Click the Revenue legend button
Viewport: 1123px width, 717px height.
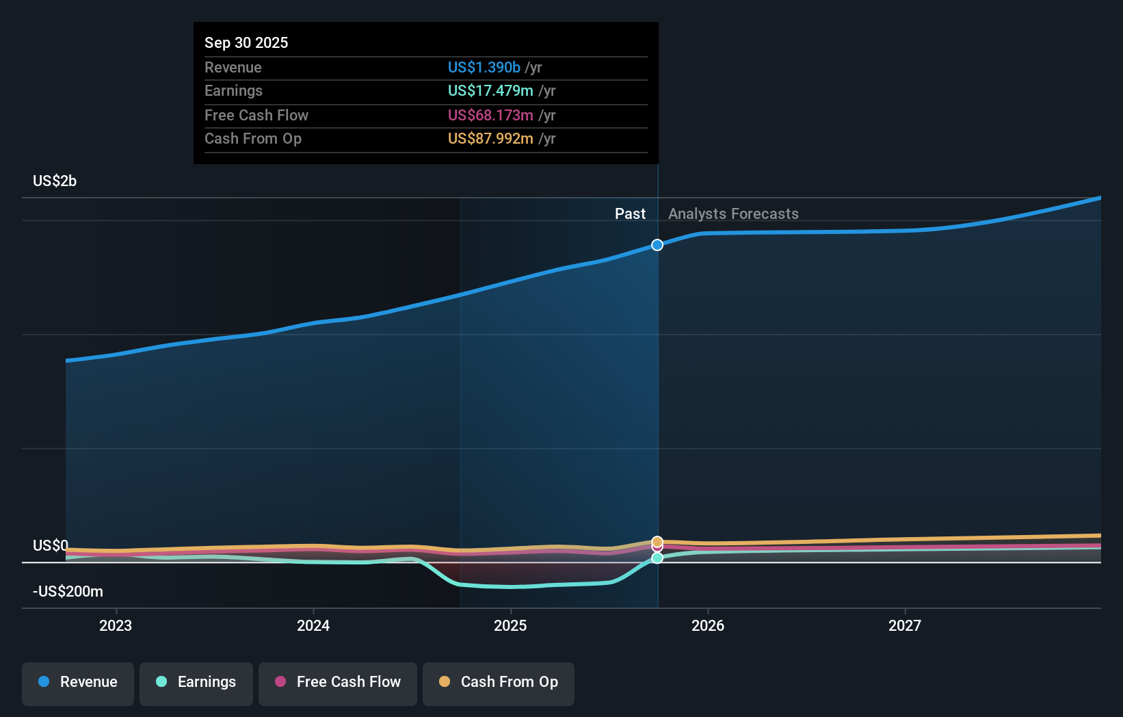[x=78, y=683]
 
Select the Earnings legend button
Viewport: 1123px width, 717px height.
[x=196, y=683]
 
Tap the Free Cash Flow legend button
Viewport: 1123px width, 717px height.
[x=338, y=683]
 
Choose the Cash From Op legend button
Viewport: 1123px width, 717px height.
[x=499, y=683]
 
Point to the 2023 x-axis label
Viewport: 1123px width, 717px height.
[x=116, y=625]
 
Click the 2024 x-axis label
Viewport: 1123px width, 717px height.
[x=313, y=625]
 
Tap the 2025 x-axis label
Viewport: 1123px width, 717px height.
[x=510, y=625]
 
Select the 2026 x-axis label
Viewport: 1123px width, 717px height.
[x=708, y=625]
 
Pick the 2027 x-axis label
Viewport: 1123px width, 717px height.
[x=905, y=625]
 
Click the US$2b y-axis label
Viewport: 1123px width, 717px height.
[x=55, y=181]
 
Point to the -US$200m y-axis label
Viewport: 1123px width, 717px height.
[x=68, y=591]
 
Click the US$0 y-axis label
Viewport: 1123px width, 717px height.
[x=51, y=545]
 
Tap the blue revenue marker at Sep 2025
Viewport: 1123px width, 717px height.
[x=657, y=245]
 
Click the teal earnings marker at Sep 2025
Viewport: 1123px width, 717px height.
[x=657, y=558]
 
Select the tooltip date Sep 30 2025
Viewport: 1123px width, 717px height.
[x=246, y=42]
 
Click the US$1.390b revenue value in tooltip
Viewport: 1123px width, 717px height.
[x=484, y=67]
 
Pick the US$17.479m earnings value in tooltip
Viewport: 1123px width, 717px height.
[x=490, y=90]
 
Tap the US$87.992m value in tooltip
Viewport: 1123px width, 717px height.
[x=490, y=138]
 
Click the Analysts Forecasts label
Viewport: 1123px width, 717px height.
[x=733, y=213]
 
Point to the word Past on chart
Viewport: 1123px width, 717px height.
[x=630, y=213]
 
